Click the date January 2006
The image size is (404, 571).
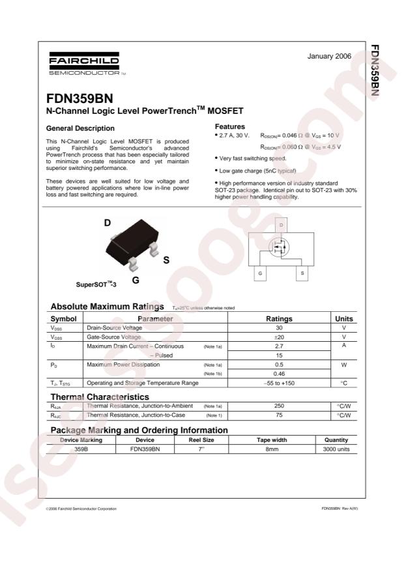coord(329,57)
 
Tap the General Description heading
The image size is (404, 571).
coord(80,128)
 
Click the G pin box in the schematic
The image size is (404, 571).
coord(260,273)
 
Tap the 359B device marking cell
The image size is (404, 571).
coord(81,449)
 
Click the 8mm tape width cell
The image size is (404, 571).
coord(267,449)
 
